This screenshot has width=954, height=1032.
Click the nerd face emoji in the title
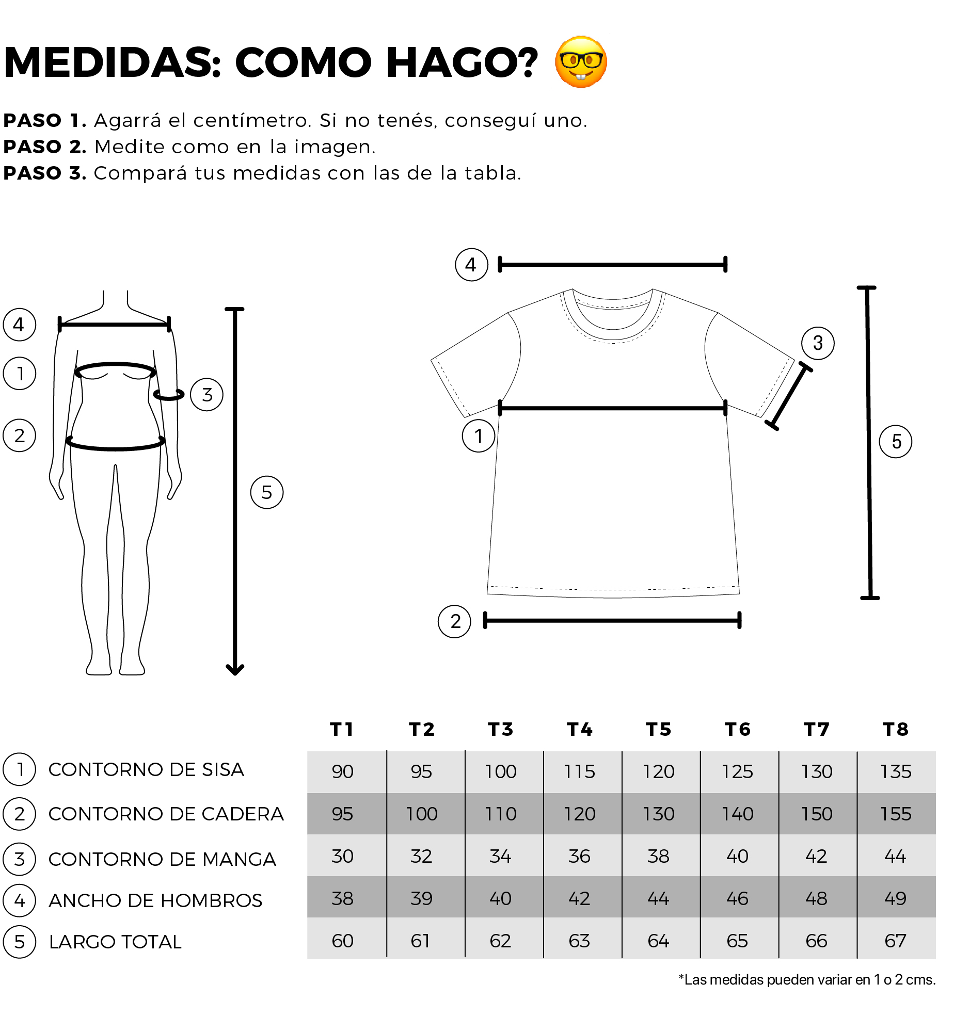coord(581,62)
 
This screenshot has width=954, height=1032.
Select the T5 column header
coord(659,729)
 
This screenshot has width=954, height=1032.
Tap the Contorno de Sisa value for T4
coord(580,771)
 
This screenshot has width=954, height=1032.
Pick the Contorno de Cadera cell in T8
coord(896,814)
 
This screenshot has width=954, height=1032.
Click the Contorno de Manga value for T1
coord(343,856)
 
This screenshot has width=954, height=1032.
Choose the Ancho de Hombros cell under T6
coord(737,898)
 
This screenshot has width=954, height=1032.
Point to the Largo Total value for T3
coord(501,941)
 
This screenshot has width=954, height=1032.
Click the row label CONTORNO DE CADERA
coord(166,814)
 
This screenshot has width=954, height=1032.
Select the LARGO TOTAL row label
coord(115,942)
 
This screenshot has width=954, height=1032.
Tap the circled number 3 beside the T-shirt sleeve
coord(818,343)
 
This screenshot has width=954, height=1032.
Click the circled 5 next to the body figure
coord(267,492)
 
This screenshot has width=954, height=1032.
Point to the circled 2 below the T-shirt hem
coord(454,621)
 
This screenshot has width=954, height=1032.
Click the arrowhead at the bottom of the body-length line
coord(235,670)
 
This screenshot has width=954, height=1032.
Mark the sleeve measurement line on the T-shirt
coord(788,396)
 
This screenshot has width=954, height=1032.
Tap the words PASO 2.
coord(45,147)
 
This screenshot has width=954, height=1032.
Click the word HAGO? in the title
coord(462,62)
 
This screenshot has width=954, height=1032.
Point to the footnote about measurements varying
coord(807,979)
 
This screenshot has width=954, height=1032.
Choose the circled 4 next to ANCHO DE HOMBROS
coord(20,900)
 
